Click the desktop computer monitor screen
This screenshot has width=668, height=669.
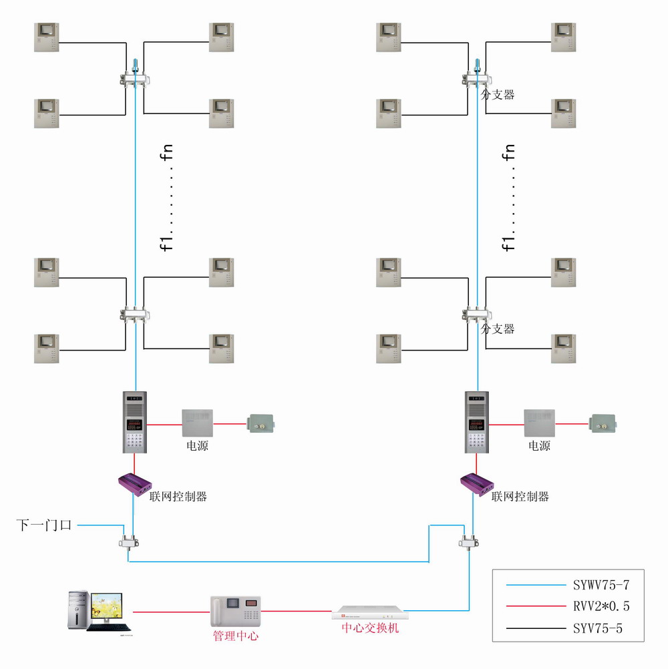point(107,608)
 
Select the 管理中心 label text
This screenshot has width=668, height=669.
point(235,636)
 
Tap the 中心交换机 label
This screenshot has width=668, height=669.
point(370,628)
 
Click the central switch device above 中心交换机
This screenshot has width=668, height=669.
point(370,611)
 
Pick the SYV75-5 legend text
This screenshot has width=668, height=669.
point(598,628)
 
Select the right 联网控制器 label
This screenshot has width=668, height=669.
point(520,497)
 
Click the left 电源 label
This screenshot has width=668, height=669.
point(197,445)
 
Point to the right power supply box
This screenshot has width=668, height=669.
point(539,423)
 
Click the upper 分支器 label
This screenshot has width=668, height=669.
point(498,95)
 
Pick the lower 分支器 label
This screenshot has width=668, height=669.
point(498,329)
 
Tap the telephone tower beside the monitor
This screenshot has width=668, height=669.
point(78,610)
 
